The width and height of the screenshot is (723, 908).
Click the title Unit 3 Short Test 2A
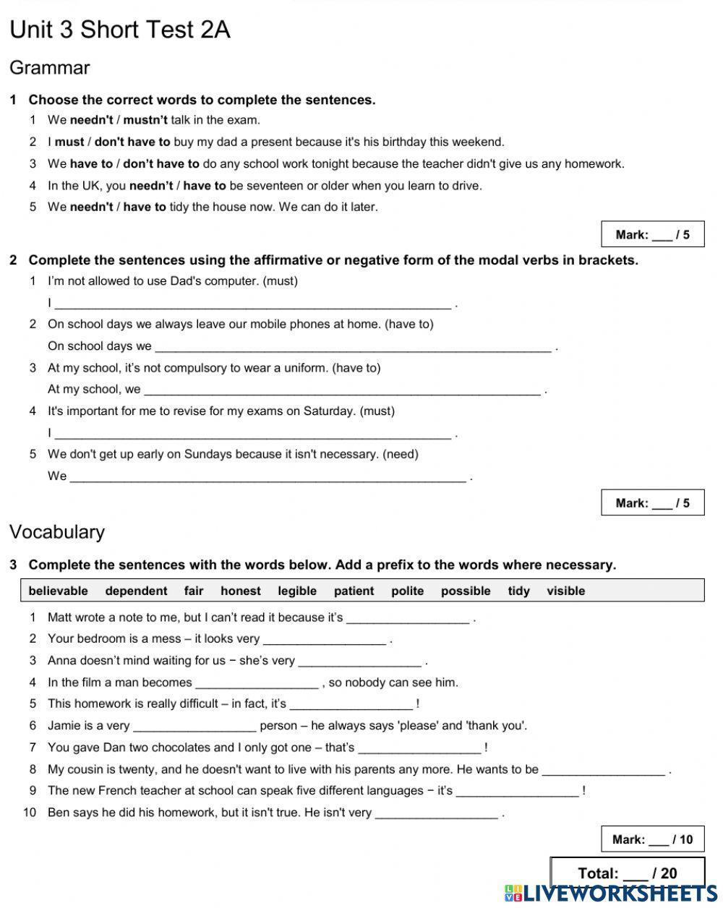(120, 30)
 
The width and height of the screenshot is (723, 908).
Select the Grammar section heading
(50, 68)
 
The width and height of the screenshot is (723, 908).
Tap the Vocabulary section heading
(57, 532)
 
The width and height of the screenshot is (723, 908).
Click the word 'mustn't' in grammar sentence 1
(145, 120)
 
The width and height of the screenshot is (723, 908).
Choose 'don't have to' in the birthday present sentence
(132, 142)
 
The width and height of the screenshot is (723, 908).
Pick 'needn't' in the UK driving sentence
(151, 186)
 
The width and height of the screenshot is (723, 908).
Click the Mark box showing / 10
(652, 839)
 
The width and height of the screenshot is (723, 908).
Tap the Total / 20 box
(627, 873)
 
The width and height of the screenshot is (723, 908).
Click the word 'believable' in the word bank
(58, 591)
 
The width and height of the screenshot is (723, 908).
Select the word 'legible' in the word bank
(297, 591)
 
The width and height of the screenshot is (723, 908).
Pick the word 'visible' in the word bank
(565, 591)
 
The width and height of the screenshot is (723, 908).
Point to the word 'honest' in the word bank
(241, 591)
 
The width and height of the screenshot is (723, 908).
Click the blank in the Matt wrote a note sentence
(408, 618)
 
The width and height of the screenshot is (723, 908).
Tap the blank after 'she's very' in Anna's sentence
(359, 661)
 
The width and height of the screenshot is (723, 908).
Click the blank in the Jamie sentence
(194, 727)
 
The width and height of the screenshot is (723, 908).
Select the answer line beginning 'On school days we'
(353, 347)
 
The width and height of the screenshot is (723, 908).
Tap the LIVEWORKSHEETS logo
(612, 894)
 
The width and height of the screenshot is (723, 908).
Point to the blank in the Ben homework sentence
(437, 813)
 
